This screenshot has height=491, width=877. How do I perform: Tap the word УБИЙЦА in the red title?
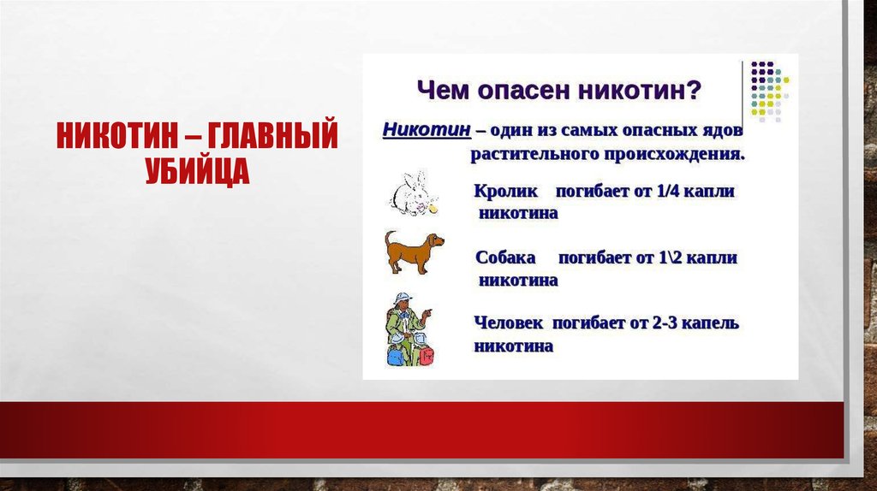tap(195, 170)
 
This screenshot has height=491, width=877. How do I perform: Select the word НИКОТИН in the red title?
tap(116, 136)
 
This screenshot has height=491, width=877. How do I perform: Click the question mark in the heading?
tap(695, 88)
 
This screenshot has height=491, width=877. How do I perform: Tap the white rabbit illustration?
tap(412, 193)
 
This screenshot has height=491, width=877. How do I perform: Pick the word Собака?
tap(505, 257)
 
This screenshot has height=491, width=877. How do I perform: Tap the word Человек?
tap(510, 323)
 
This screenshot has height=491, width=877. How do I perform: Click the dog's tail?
tap(389, 236)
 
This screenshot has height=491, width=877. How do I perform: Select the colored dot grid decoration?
tap(769, 88)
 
